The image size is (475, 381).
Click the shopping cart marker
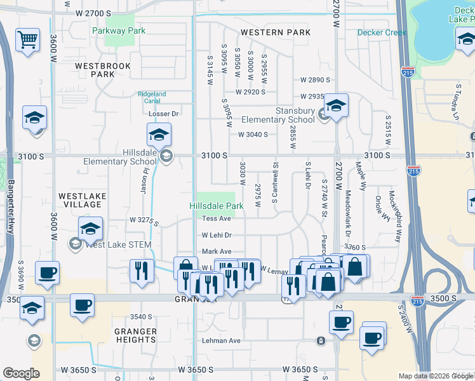click(x=27, y=41)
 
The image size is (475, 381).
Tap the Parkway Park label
click(x=119, y=30)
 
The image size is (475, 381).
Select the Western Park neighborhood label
click(x=276, y=32)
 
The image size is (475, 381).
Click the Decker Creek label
click(x=382, y=32)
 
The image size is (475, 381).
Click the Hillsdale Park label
click(x=217, y=206)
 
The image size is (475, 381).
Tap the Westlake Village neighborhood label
click(x=82, y=200)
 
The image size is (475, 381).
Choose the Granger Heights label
click(x=135, y=335)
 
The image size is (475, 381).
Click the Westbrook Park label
click(x=103, y=70)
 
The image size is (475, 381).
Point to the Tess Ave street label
click(x=217, y=218)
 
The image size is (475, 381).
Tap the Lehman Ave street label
click(x=221, y=341)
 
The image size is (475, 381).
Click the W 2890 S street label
click(x=316, y=80)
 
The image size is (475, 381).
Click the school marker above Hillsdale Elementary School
click(x=159, y=135)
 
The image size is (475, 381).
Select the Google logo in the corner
click(x=21, y=373)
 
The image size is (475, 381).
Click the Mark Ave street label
click(x=217, y=251)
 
